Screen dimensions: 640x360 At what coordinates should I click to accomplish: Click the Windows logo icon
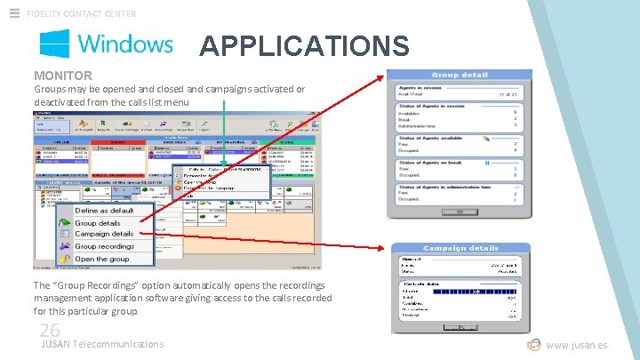click(x=54, y=43)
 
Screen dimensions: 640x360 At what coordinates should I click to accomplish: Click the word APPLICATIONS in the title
click(x=304, y=45)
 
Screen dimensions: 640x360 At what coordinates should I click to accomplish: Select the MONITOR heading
click(x=63, y=76)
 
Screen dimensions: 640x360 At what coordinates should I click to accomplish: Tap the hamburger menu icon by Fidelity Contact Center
click(x=14, y=12)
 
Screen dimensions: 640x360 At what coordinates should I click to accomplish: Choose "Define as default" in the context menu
click(x=105, y=211)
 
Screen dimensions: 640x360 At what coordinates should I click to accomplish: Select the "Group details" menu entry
click(x=97, y=223)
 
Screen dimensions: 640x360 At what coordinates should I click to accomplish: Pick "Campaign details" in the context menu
click(x=104, y=234)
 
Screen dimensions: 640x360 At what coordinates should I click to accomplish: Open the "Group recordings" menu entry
click(x=104, y=246)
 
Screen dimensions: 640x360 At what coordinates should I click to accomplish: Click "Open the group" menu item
click(x=101, y=259)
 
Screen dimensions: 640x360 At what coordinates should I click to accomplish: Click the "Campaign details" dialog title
click(x=460, y=248)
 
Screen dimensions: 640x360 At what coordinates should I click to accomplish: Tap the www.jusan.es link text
click(x=577, y=345)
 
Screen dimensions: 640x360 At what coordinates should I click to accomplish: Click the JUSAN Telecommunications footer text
click(x=103, y=344)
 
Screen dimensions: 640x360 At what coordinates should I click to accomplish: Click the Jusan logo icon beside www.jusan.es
click(x=533, y=345)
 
